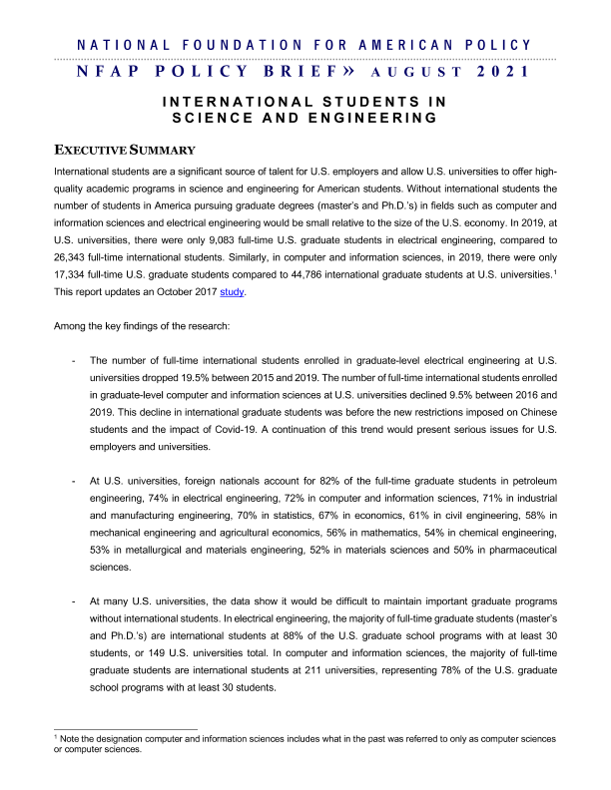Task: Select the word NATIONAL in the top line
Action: point(114,45)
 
